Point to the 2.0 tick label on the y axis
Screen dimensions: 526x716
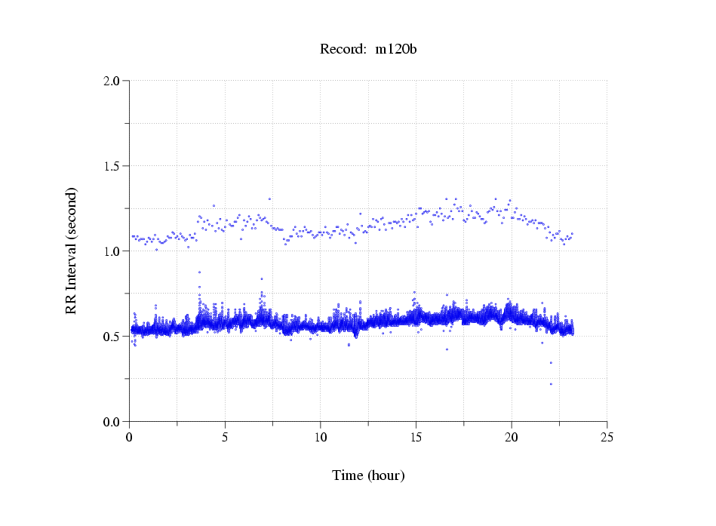click(x=112, y=81)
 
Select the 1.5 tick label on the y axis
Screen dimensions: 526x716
click(x=112, y=166)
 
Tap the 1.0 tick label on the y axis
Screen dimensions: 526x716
click(x=112, y=251)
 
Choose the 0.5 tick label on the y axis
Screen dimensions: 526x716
click(x=112, y=337)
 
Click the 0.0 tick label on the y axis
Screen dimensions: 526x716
click(x=112, y=422)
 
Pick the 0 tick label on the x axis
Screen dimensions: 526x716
click(x=130, y=437)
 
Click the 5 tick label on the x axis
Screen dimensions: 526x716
click(x=225, y=437)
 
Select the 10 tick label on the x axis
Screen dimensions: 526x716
click(x=321, y=437)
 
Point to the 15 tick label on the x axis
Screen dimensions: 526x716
click(x=416, y=437)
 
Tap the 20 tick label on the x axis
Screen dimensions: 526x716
click(x=512, y=437)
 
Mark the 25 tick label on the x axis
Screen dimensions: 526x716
click(x=607, y=437)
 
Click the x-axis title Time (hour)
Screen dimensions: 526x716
click(x=368, y=476)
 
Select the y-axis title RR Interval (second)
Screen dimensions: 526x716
click(x=71, y=251)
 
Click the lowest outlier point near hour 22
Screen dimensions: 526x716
click(x=551, y=384)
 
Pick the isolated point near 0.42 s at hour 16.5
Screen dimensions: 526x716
click(x=447, y=349)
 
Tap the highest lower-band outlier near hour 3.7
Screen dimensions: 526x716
click(x=199, y=272)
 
